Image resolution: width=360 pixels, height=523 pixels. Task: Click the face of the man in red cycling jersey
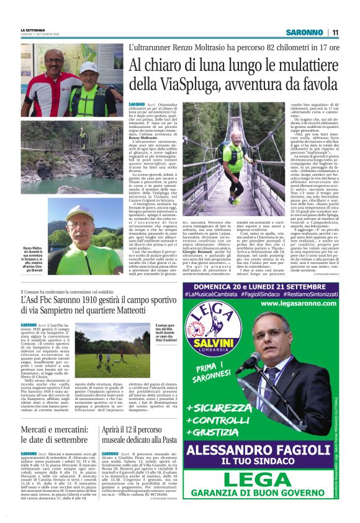(x=53, y=64)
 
